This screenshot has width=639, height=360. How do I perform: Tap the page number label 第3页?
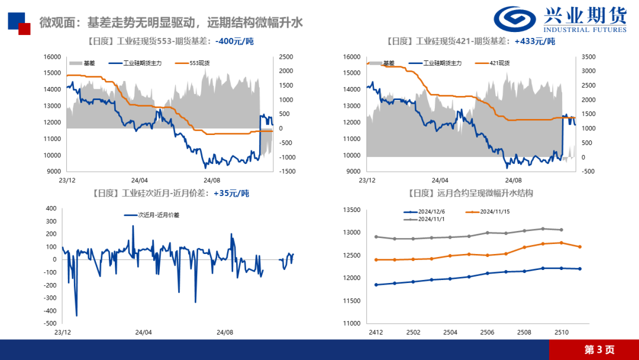click(x=599, y=349)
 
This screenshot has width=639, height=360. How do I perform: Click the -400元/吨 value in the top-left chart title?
click(x=235, y=41)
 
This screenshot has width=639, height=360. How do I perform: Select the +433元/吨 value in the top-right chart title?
click(x=535, y=41)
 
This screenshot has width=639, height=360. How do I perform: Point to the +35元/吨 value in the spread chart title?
click(x=231, y=193)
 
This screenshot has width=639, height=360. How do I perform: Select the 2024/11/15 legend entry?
click(x=495, y=211)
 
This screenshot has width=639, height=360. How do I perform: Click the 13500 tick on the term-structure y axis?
click(x=351, y=210)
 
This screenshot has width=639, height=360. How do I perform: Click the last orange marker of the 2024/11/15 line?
click(x=579, y=247)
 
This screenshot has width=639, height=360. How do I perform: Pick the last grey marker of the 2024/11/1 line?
click(x=561, y=230)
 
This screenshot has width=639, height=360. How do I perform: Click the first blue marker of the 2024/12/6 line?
click(x=376, y=285)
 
